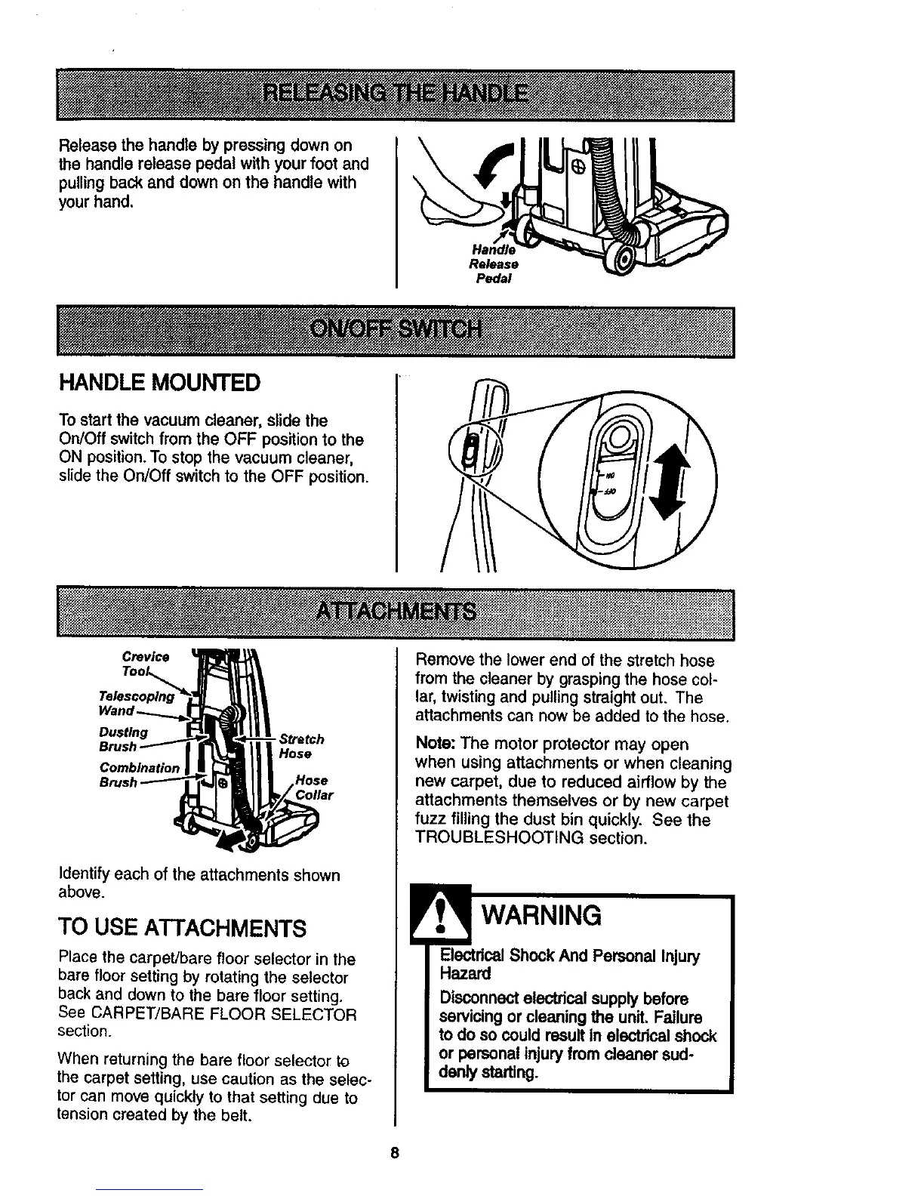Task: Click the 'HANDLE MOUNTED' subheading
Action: tap(159, 383)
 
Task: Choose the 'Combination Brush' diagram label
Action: tap(139, 775)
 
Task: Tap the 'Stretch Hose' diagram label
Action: tap(300, 746)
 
